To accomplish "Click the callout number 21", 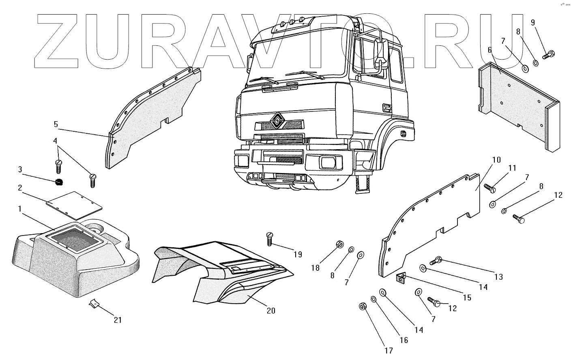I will (x=117, y=320).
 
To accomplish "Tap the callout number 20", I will (x=271, y=311).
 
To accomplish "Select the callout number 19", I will (x=298, y=254).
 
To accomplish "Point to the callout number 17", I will (x=389, y=351).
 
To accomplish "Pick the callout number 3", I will (x=19, y=169).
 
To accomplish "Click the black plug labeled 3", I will (x=59, y=182).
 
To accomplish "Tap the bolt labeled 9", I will (x=548, y=54).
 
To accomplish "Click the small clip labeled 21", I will (x=93, y=304).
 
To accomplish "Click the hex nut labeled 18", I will (x=340, y=244).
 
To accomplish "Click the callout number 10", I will (x=497, y=159).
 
